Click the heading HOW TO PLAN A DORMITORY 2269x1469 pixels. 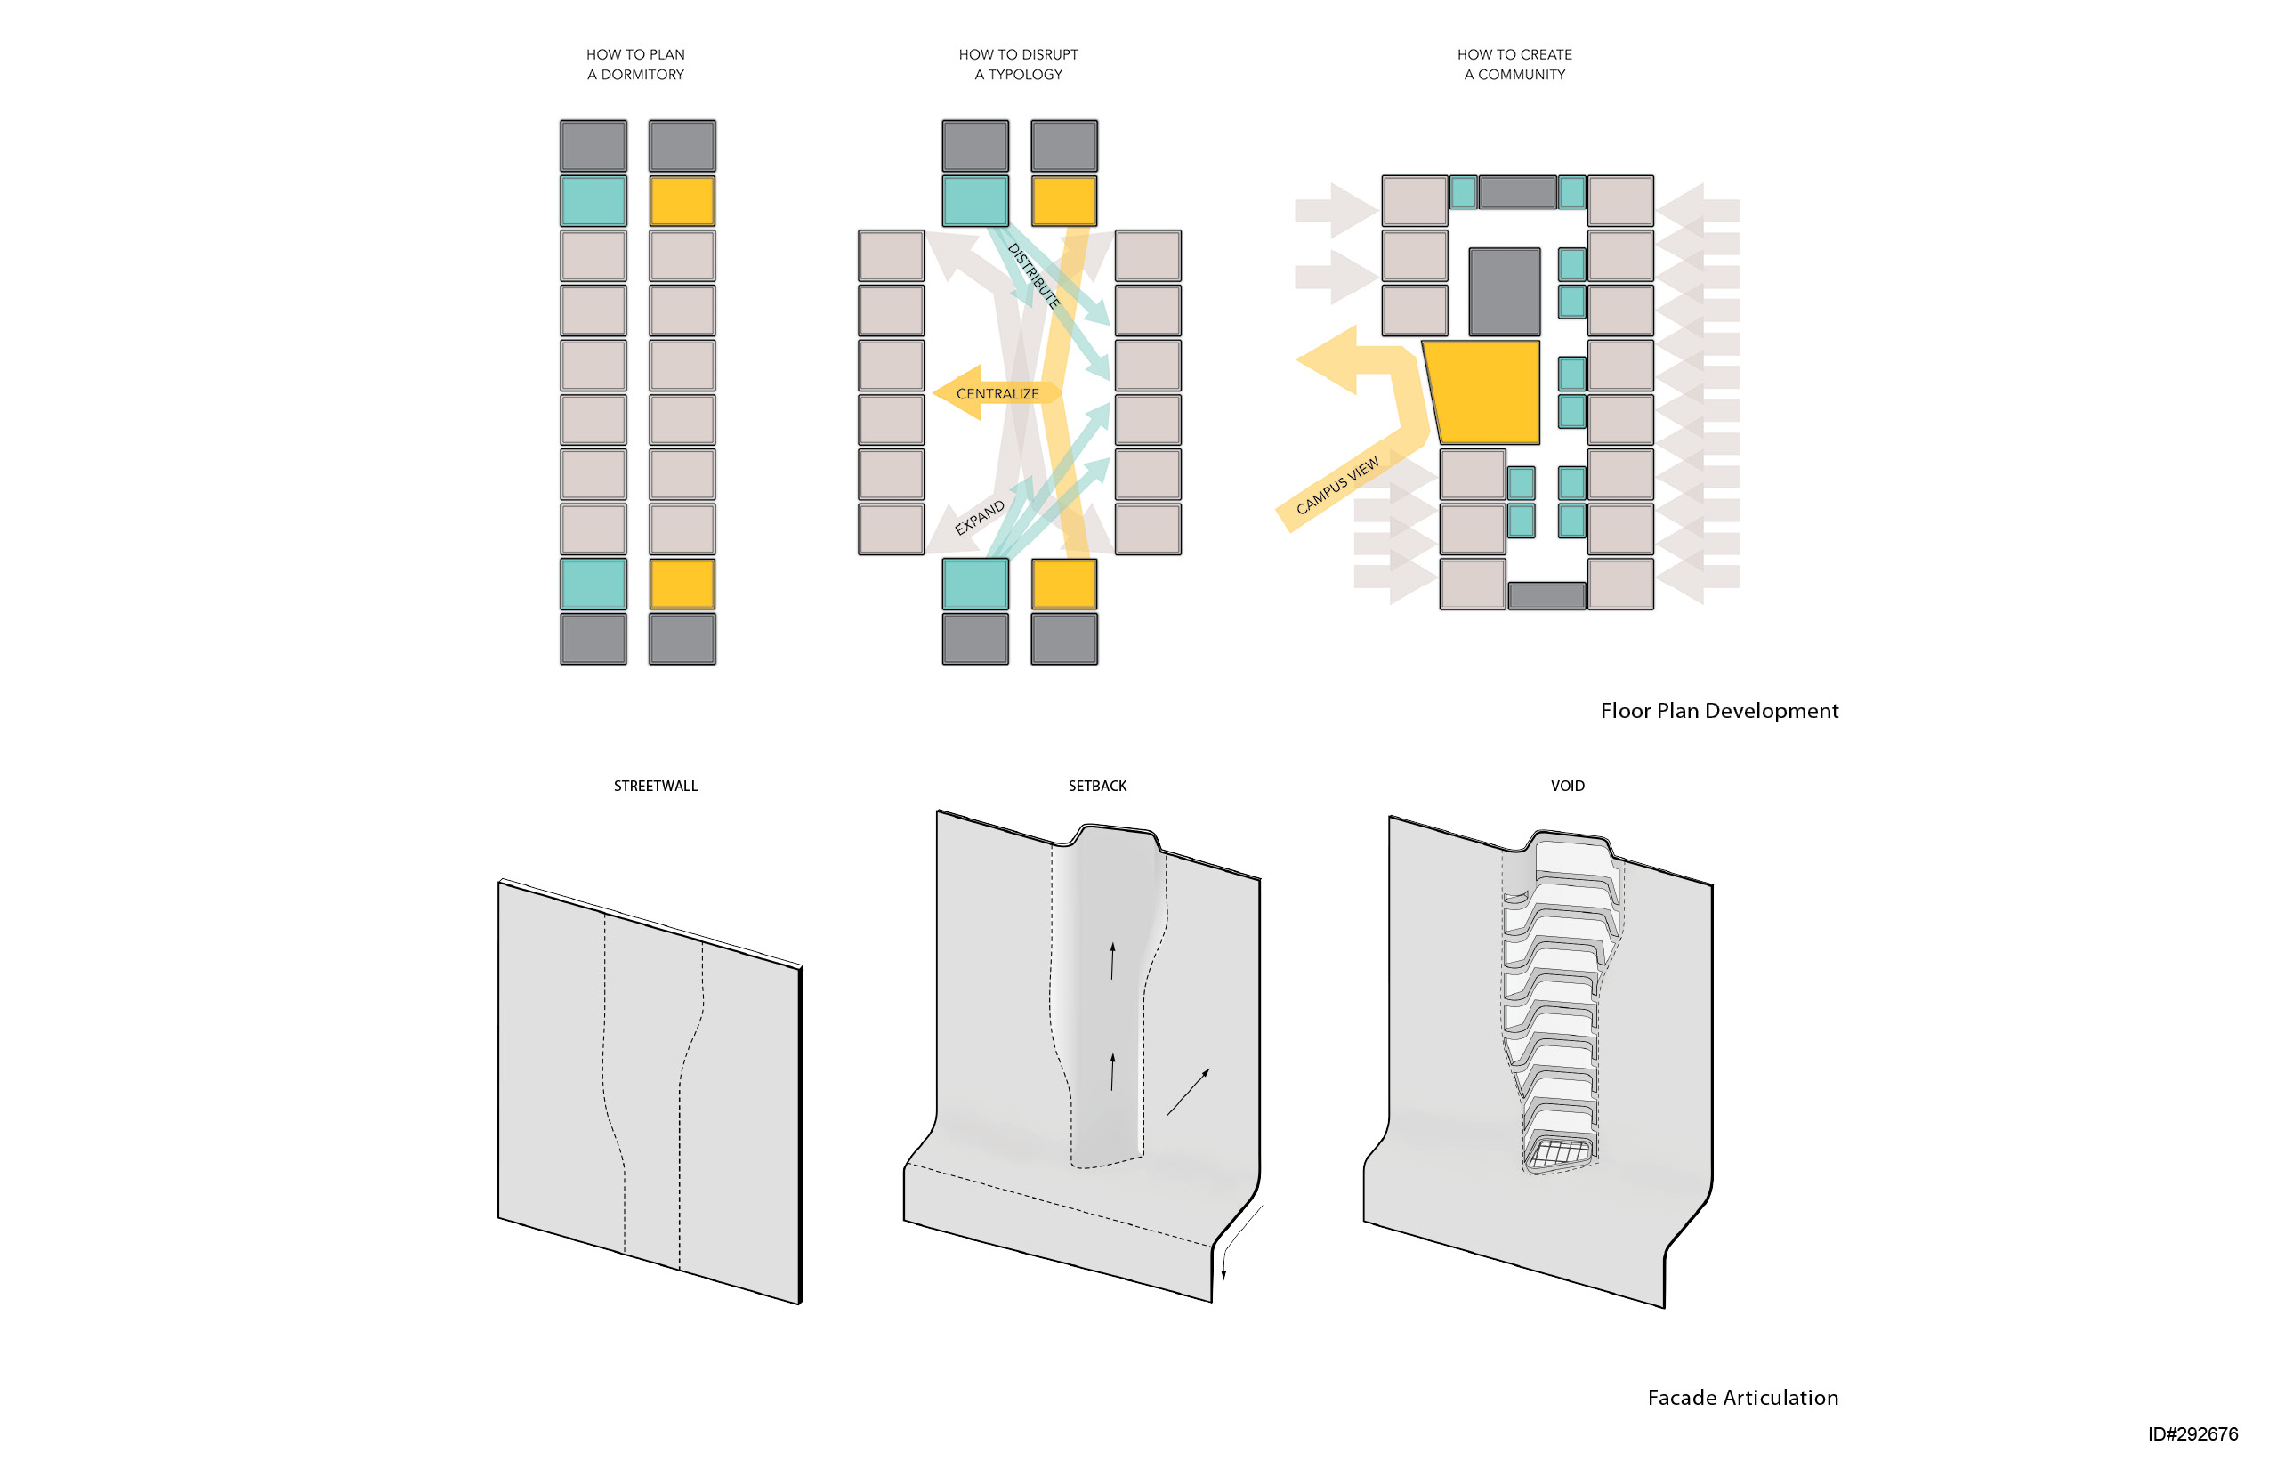pyautogui.click(x=635, y=64)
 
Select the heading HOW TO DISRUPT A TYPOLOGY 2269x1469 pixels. pyautogui.click(x=1017, y=64)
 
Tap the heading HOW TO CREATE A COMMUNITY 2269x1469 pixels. pyautogui.click(x=1514, y=64)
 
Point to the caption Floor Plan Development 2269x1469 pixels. pyautogui.click(x=1718, y=710)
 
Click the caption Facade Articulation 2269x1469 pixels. pyautogui.click(x=1742, y=1397)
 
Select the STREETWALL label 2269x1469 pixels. pyautogui.click(x=655, y=786)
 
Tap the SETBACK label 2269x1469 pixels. pyautogui.click(x=1096, y=786)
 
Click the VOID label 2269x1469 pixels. pyautogui.click(x=1566, y=786)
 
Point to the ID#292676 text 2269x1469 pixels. pyautogui.click(x=2192, y=1433)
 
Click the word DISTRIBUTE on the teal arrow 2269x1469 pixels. pyautogui.click(x=1033, y=276)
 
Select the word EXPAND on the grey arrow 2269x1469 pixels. pyautogui.click(x=979, y=517)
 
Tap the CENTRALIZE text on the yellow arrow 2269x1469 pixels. pyautogui.click(x=997, y=392)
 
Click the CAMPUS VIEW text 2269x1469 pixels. pyautogui.click(x=1336, y=485)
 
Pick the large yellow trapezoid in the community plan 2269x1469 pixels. pyautogui.click(x=1482, y=391)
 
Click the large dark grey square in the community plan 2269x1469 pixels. pyautogui.click(x=1504, y=291)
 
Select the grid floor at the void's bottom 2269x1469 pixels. pyautogui.click(x=1558, y=1152)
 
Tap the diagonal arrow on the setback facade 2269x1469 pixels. pyautogui.click(x=1188, y=1092)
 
